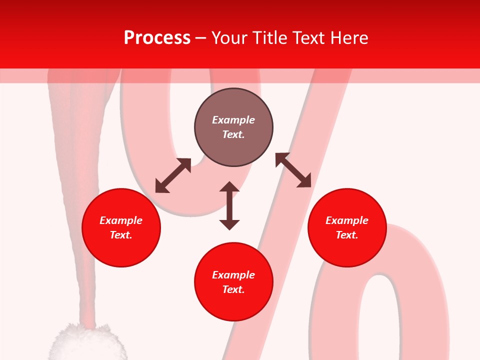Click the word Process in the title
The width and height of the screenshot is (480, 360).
tap(157, 38)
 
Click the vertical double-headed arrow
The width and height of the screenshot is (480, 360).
tap(229, 205)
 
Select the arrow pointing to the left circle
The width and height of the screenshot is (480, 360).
tap(173, 175)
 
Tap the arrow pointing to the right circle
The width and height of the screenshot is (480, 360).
tap(293, 170)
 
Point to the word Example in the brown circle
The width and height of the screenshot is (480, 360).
tap(233, 120)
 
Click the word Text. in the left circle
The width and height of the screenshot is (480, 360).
tap(121, 235)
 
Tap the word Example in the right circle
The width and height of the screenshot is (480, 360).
tap(347, 220)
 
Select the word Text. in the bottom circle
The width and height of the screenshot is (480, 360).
tap(233, 289)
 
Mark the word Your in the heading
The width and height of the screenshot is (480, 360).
tap(229, 38)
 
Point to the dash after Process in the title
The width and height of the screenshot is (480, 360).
tap(200, 38)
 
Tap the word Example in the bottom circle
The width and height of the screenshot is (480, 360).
tap(233, 275)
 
